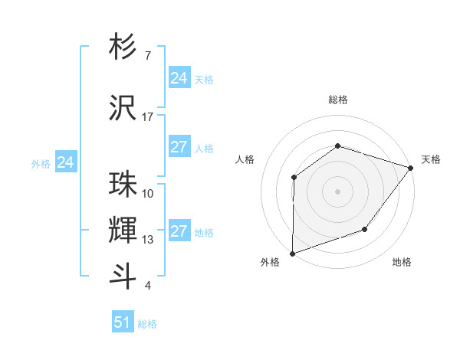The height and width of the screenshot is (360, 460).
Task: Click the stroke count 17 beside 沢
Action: (x=148, y=117)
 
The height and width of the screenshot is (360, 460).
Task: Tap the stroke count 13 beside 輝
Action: (x=148, y=240)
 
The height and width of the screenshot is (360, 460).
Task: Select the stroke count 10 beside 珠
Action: (x=148, y=194)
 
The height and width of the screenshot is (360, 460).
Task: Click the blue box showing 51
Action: (x=123, y=322)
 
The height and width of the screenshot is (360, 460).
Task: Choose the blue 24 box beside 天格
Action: (x=179, y=78)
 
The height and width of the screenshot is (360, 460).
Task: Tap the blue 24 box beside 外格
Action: (x=66, y=162)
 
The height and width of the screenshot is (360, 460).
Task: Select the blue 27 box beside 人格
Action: (x=179, y=147)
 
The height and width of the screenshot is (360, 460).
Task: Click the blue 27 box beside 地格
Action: (x=179, y=231)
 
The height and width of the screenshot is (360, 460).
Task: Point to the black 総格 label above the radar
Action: (x=337, y=100)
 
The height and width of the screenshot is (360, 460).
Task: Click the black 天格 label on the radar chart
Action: (x=431, y=159)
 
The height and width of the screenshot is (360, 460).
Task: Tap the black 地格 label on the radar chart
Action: (x=402, y=263)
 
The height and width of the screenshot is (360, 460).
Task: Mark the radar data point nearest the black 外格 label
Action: (x=292, y=254)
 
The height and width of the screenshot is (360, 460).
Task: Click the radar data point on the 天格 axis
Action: (x=411, y=168)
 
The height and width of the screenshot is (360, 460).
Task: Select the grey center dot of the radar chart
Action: (x=337, y=191)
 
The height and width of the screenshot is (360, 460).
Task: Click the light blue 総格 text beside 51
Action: (x=147, y=324)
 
